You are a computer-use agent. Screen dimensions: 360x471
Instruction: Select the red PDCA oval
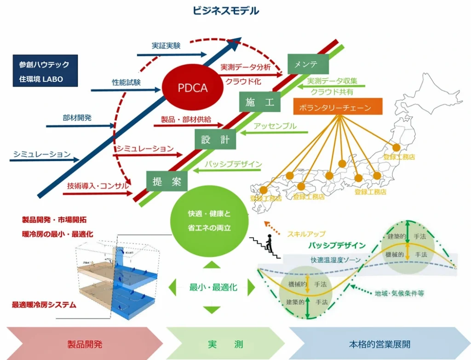tap(193, 88)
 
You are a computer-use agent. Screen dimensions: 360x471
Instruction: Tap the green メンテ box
tap(308, 64)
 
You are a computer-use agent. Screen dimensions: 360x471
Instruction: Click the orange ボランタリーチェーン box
tap(338, 107)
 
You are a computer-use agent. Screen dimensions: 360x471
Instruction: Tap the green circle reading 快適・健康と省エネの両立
tap(209, 221)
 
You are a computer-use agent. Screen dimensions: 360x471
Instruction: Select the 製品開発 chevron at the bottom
tap(85, 343)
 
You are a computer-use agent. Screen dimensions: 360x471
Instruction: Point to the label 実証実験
tap(166, 46)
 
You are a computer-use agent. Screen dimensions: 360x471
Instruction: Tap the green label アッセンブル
tap(275, 126)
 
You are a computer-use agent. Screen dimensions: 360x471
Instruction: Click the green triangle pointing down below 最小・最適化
tap(212, 309)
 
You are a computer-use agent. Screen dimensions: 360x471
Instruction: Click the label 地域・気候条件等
tap(399, 293)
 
